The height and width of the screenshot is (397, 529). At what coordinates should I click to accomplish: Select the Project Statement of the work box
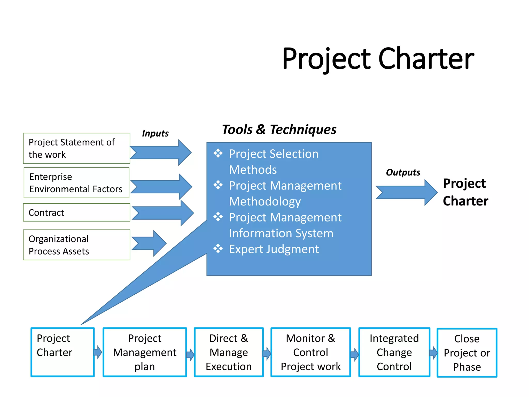click(76, 148)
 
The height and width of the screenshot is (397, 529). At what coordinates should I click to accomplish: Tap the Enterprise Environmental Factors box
click(76, 183)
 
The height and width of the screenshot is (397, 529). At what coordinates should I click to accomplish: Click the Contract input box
click(76, 212)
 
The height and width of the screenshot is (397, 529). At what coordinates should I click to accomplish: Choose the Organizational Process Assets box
click(76, 245)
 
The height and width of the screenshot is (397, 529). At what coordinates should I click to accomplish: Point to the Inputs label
click(155, 133)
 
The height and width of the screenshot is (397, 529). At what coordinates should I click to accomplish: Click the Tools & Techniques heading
click(279, 129)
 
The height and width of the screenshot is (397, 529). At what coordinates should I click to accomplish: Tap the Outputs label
click(403, 172)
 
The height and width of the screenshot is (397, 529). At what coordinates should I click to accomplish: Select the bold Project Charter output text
click(465, 192)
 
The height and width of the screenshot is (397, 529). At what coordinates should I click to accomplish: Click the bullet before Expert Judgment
click(218, 249)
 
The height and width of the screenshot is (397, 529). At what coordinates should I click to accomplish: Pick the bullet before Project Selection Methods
click(218, 153)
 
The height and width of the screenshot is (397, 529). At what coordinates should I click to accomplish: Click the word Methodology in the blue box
click(265, 201)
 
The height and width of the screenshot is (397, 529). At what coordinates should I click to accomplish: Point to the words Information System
click(281, 233)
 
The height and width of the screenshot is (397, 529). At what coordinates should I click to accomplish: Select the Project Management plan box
click(145, 352)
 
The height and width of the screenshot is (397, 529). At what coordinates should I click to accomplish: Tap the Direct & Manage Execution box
click(229, 352)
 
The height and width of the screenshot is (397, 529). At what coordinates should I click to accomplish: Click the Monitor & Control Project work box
click(310, 352)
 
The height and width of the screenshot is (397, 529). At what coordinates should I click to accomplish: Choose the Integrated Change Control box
click(394, 352)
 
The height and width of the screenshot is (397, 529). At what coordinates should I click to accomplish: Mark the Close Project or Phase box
click(467, 353)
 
